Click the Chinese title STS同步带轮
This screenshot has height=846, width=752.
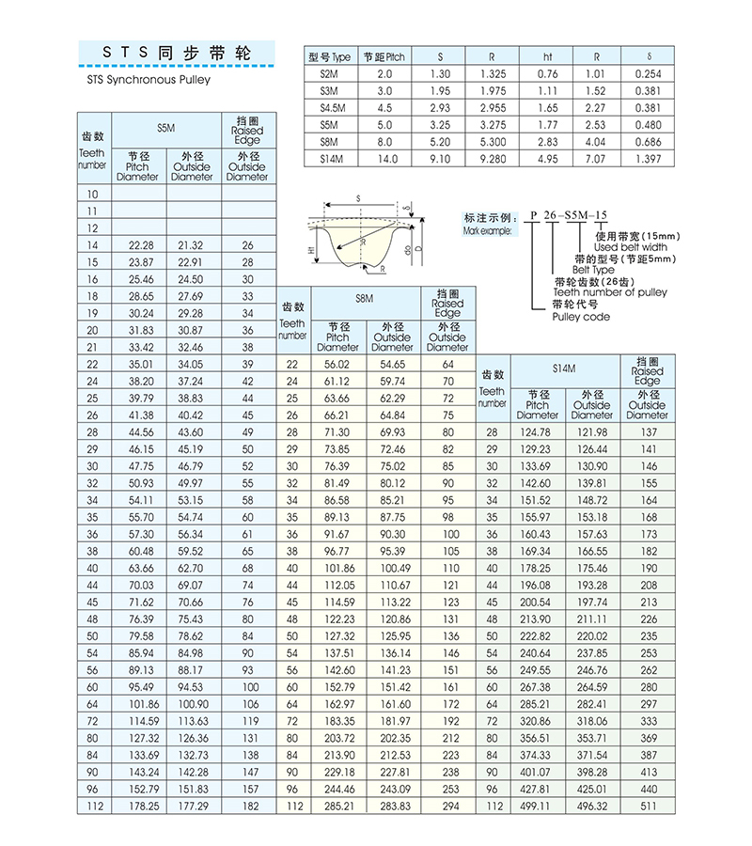click(x=178, y=54)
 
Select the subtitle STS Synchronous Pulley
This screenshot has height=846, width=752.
click(x=141, y=80)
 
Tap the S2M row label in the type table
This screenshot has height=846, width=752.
click(x=328, y=73)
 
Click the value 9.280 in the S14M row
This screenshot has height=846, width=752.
click(x=492, y=159)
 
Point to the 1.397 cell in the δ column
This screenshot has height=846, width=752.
click(x=648, y=159)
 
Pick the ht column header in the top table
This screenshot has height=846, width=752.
click(x=548, y=56)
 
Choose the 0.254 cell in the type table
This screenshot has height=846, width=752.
click(x=648, y=73)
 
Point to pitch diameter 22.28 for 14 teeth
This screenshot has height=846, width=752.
click(x=139, y=245)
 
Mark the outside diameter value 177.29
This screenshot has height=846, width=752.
click(x=194, y=805)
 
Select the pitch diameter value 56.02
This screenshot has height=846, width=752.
click(x=337, y=364)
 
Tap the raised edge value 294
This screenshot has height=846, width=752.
click(x=450, y=805)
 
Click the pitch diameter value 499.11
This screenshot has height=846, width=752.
click(x=537, y=805)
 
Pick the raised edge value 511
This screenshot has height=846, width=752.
click(x=649, y=805)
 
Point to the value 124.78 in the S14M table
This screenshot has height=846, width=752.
click(x=537, y=431)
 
